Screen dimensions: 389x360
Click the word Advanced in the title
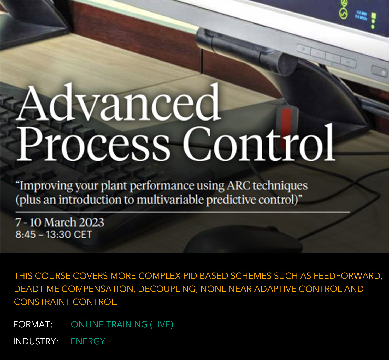119,102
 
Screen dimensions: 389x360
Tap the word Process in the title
93,145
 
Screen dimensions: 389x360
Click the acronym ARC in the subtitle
238,185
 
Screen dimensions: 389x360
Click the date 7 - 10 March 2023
60,222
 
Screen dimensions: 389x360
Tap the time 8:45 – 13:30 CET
54,234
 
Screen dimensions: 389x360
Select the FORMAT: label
33,324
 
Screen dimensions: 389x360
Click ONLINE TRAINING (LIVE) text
122,324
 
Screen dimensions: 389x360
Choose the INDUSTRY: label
36,341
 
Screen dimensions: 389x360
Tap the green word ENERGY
88,341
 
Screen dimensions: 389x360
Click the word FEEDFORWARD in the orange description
348,276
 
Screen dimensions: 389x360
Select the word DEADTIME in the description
37,289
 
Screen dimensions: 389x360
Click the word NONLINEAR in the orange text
226,289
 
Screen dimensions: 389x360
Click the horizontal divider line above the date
183,212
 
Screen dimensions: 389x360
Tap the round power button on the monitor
383,73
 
